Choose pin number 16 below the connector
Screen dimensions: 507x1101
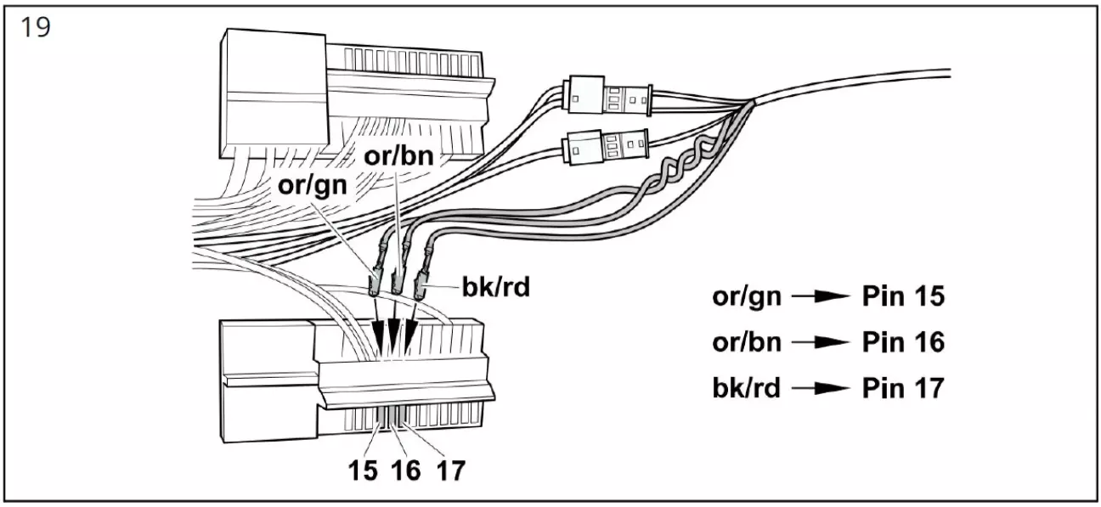coord(407,469)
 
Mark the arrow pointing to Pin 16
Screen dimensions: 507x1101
coord(820,342)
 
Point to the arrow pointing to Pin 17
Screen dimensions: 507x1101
coord(820,388)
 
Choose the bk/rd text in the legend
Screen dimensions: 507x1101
coord(748,388)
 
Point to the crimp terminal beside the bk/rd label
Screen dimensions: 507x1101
coord(421,285)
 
